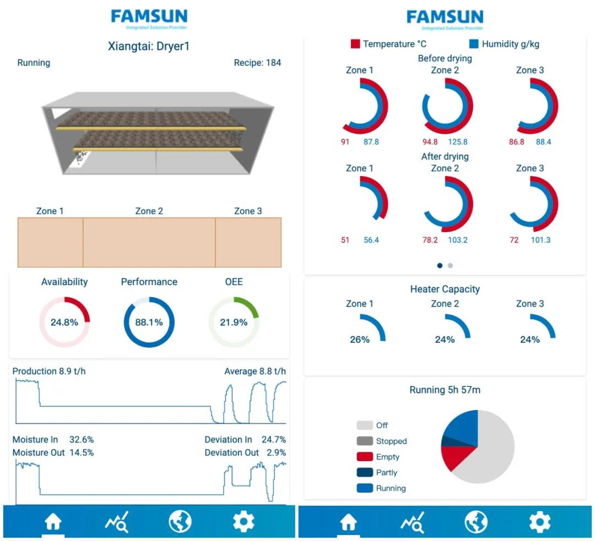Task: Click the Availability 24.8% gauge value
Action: coord(64,323)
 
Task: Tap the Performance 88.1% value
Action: coord(149,323)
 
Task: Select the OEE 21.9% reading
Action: coord(234,323)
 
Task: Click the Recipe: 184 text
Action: coord(257,63)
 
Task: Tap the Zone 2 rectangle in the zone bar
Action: coord(149,242)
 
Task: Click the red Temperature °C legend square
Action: coord(355,44)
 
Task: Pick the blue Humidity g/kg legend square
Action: coord(474,44)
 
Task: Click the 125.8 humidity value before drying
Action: coord(457,142)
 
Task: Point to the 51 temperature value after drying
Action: coord(345,240)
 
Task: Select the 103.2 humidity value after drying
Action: coord(457,240)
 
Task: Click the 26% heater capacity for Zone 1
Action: coord(360,340)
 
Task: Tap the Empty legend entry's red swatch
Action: coord(365,457)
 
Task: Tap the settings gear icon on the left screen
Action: coord(244,521)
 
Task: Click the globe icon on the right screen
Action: coord(475,522)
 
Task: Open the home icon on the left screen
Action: coord(53,522)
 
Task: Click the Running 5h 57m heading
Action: coord(445,390)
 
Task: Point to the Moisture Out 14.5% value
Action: coord(81,452)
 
